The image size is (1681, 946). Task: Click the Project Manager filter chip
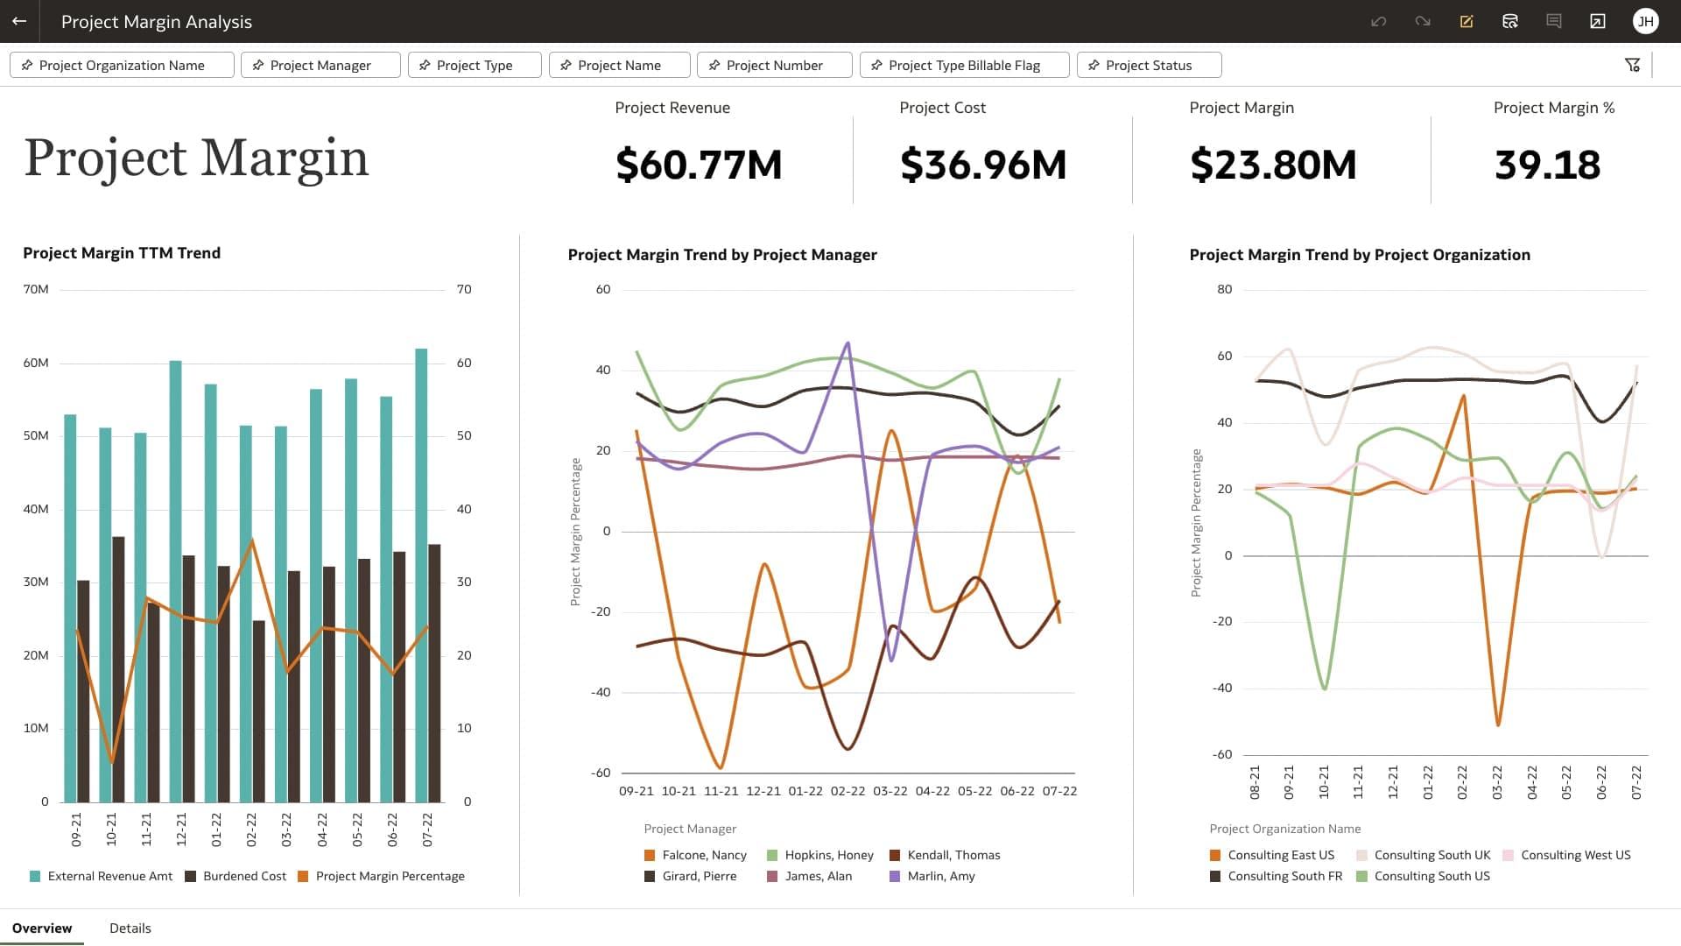[x=320, y=66]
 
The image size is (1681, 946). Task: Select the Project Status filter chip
[x=1148, y=66]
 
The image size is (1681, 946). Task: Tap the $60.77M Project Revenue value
[x=698, y=165]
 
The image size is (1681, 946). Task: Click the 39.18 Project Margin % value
[x=1546, y=165]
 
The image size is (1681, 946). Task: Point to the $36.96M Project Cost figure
[x=982, y=165]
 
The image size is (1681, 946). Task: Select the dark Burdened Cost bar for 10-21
[x=118, y=669]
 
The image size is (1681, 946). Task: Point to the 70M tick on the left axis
[x=36, y=289]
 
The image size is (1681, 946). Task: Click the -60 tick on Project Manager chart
[x=601, y=773]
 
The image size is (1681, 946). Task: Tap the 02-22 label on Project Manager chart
[x=848, y=791]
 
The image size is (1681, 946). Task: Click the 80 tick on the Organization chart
[x=1224, y=289]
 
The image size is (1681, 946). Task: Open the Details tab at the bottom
[x=130, y=928]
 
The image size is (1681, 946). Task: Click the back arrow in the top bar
[x=19, y=21]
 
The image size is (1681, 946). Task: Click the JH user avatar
[x=1645, y=21]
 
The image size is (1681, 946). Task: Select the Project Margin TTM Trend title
[x=122, y=253]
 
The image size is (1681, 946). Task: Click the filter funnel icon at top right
[x=1632, y=65]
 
